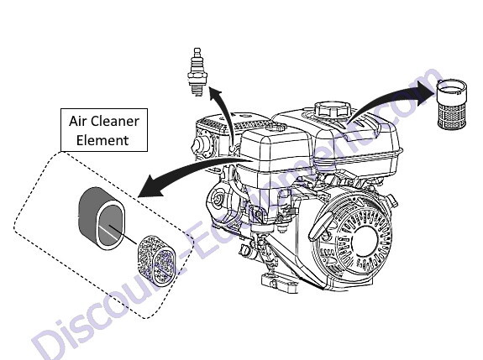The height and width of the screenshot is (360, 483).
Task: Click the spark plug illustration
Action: pos(197,71)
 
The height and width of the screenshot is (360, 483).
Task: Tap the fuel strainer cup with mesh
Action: pos(452,104)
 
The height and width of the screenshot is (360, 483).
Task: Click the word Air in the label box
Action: pos(77,121)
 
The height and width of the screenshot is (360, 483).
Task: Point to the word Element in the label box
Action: pos(102,140)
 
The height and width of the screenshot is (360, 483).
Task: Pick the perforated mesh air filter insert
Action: pos(157,261)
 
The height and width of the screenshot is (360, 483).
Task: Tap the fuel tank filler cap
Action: pos(333,109)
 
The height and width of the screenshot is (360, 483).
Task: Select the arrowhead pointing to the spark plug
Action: pos(215,92)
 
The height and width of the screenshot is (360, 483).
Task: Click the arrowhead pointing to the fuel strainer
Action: pos(428,92)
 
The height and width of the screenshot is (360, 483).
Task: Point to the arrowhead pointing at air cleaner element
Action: pos(150,186)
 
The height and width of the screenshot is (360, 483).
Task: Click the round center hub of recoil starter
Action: pos(365,241)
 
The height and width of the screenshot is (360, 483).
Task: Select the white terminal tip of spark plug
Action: pos(197,51)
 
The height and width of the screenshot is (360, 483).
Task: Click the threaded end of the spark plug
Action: pos(197,90)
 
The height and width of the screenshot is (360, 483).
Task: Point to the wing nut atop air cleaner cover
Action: pos(276,126)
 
